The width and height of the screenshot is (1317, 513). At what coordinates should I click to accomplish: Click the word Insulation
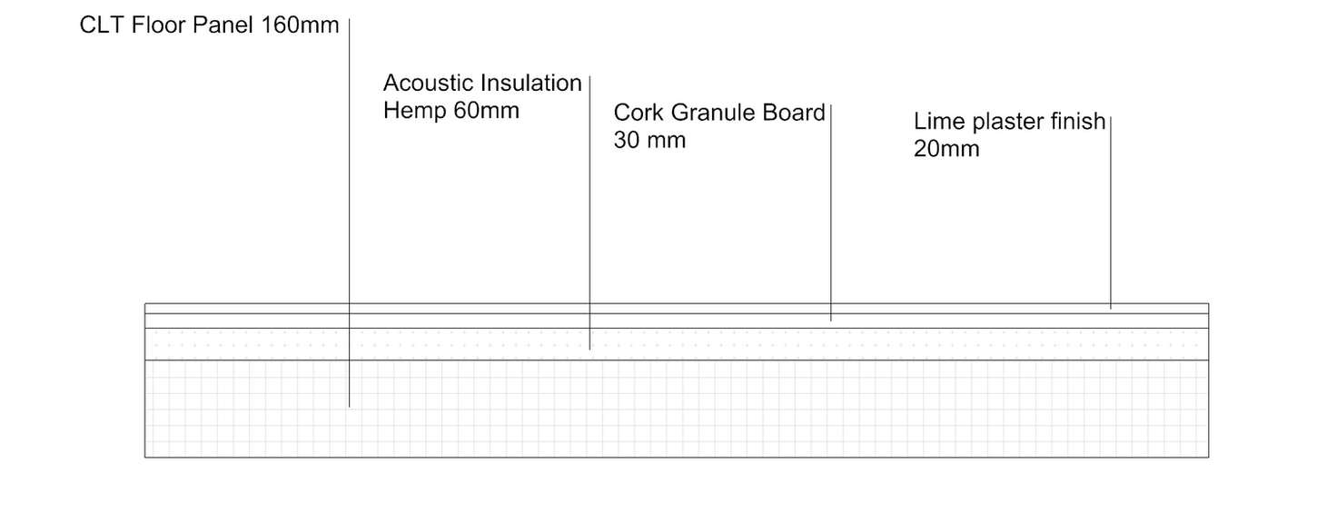pos(531,84)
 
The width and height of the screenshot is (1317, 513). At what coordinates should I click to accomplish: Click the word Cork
pos(638,113)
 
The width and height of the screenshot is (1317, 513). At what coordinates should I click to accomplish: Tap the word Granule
pos(714,113)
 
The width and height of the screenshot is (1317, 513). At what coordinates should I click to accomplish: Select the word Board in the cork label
pos(797,113)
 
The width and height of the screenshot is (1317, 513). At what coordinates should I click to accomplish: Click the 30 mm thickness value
pos(649,141)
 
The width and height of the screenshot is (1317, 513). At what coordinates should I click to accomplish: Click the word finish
pos(1078,122)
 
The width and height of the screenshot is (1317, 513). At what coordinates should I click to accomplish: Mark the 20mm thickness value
pos(946,149)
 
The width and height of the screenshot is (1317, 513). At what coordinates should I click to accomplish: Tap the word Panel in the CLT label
pos(224,25)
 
